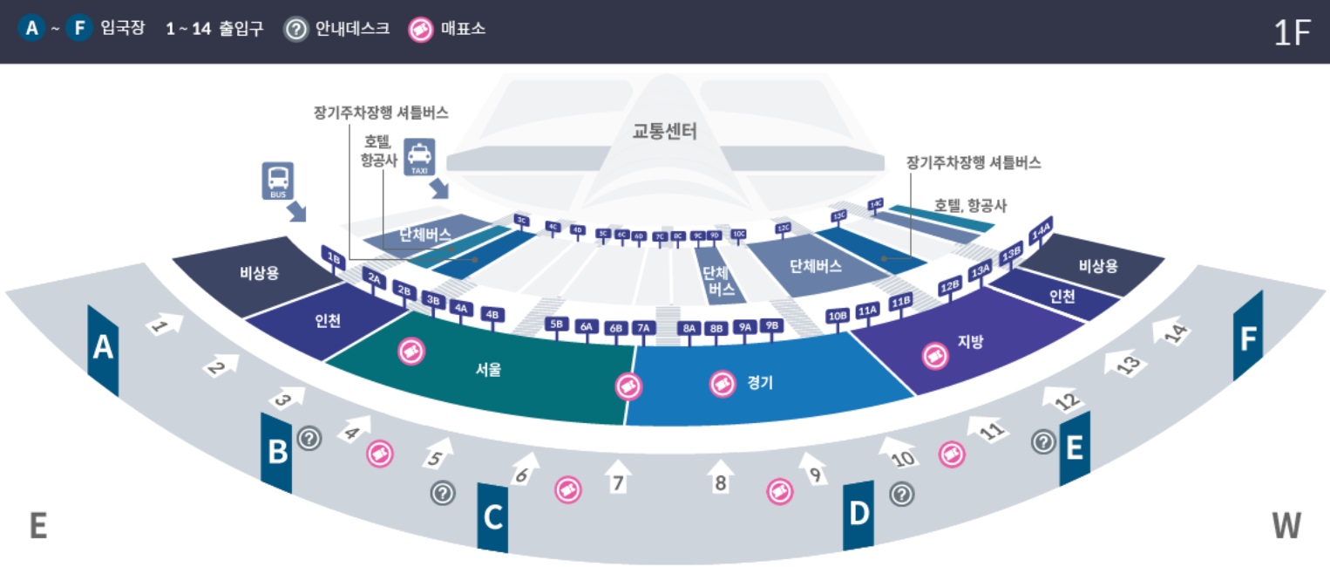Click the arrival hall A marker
click(x=103, y=349)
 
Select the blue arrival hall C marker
click(x=492, y=518)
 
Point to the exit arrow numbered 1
click(x=165, y=325)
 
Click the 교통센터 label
click(x=665, y=132)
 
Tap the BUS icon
click(x=278, y=180)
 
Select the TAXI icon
click(x=419, y=158)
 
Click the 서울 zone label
click(x=488, y=369)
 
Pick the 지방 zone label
click(x=970, y=342)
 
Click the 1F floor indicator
click(x=1292, y=32)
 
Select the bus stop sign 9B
click(x=770, y=326)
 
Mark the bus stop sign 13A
click(x=981, y=271)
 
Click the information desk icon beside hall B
click(x=309, y=439)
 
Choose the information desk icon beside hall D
click(x=901, y=495)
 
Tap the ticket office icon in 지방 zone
click(x=935, y=356)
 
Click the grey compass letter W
click(x=1286, y=526)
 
